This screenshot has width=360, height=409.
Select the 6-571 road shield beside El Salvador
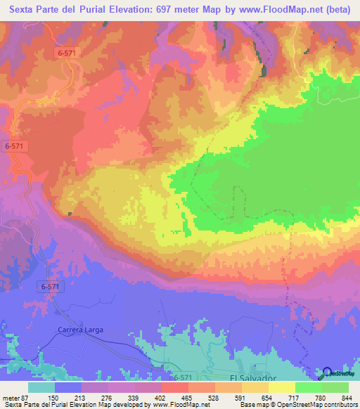coord(181,377)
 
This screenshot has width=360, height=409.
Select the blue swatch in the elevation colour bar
coord(68,388)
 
